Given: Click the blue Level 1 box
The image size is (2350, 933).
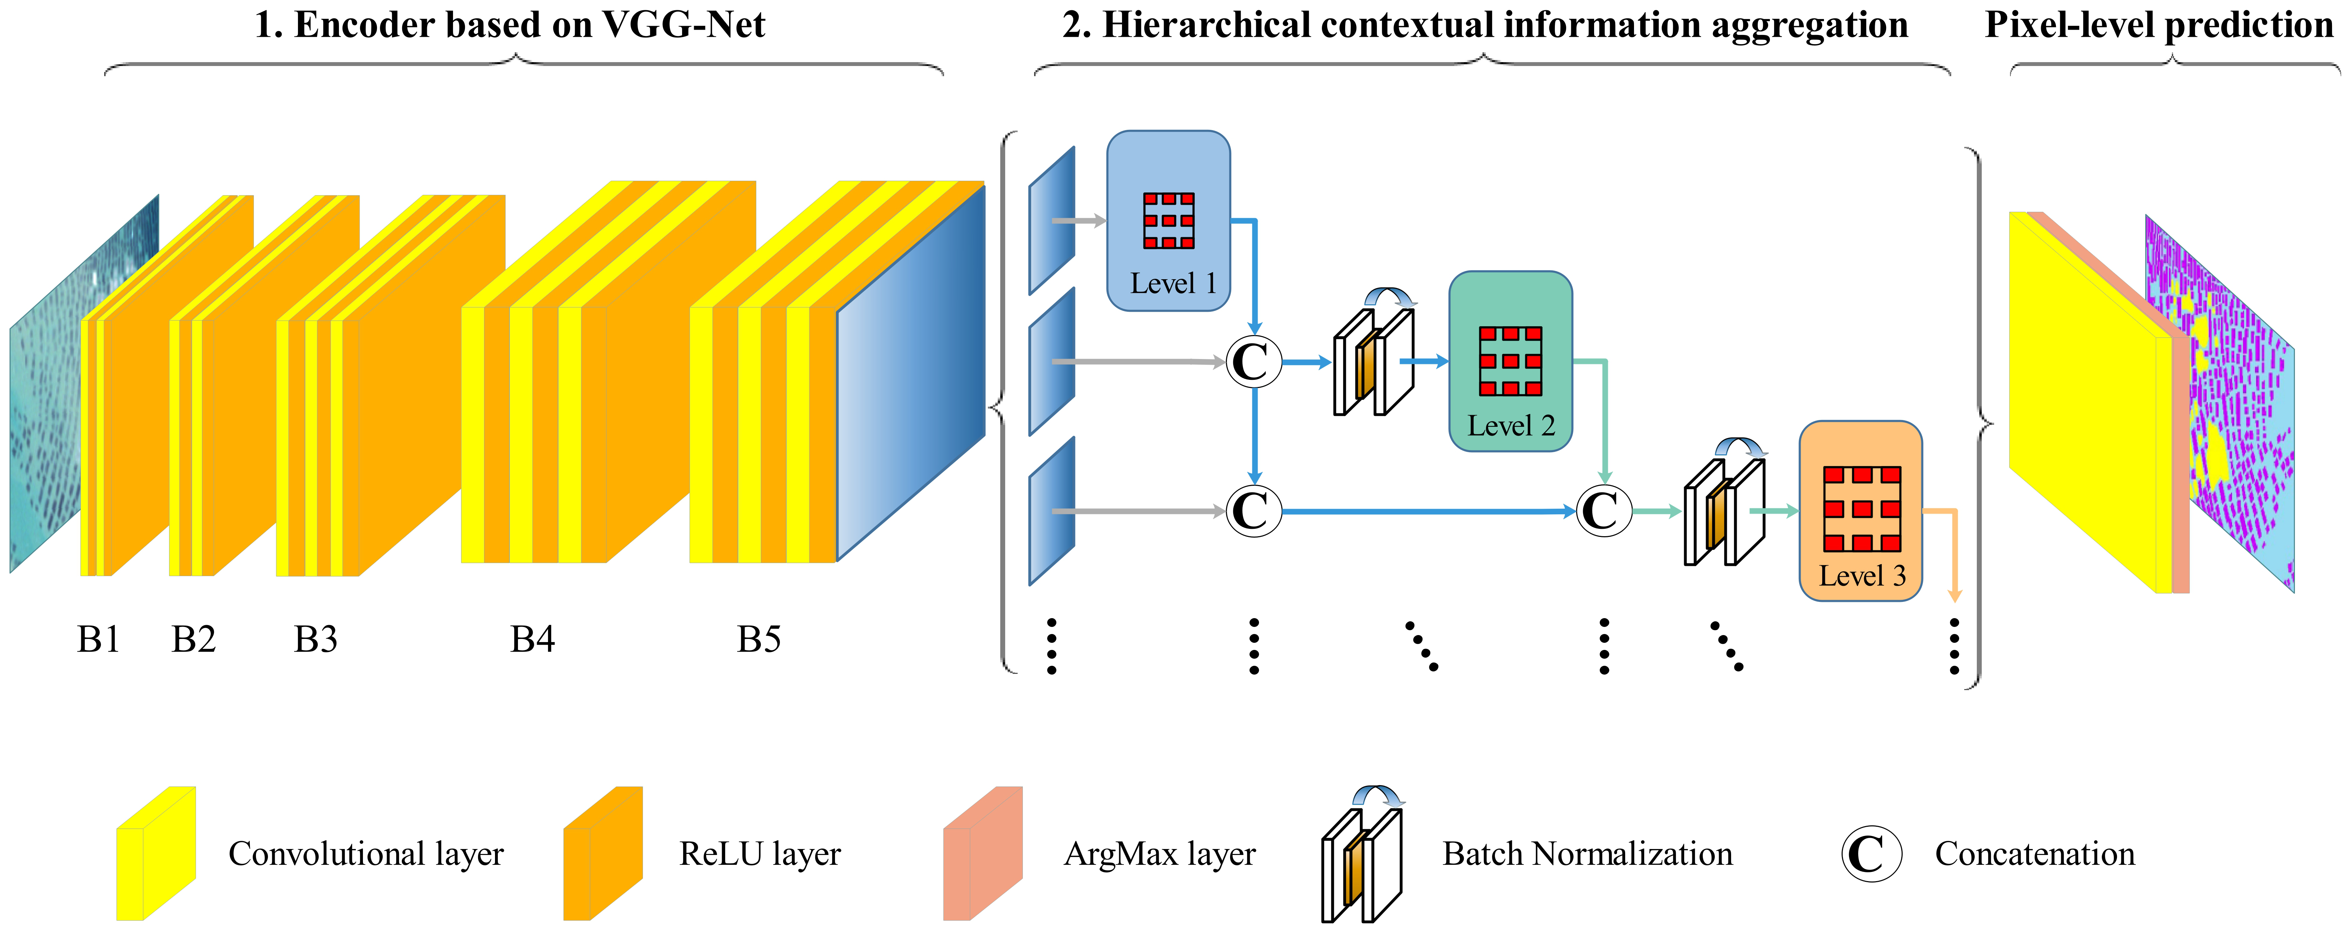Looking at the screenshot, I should coord(1169,221).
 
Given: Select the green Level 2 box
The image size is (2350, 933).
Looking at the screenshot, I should coord(1510,361).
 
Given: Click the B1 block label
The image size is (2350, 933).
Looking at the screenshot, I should coord(99,639).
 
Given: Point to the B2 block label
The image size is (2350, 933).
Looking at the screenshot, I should coord(193,639).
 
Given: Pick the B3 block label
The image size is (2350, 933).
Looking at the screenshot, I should coord(316,639).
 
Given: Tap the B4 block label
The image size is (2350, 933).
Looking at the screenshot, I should coord(532,639).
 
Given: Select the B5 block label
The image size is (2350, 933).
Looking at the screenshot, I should coord(759,639).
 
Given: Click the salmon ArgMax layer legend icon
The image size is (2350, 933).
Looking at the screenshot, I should coord(983,854).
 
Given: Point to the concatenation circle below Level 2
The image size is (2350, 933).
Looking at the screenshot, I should coord(1603,511).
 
